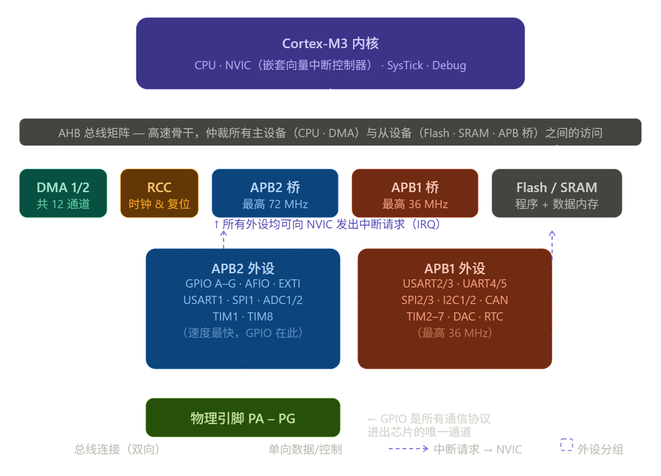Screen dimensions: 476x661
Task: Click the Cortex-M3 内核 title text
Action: coord(330,44)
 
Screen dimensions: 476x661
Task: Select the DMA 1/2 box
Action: coord(63,193)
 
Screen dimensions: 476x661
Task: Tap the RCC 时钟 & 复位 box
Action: coord(159,193)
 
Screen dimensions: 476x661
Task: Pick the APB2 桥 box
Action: coord(275,193)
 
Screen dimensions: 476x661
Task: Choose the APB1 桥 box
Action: coord(415,193)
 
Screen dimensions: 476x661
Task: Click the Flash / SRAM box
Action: coord(556,193)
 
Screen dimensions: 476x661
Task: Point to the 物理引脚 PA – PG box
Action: coord(243,418)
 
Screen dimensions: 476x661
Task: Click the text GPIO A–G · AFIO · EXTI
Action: coord(243,284)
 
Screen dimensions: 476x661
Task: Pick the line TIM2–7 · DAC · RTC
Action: coord(454,317)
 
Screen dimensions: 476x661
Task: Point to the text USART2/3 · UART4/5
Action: coord(454,284)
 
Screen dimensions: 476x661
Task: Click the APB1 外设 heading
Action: coord(454,268)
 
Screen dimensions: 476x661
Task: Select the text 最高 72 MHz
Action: coord(275,205)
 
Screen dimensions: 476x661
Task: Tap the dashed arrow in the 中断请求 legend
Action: coord(408,448)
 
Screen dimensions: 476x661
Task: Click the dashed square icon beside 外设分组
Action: coord(566,445)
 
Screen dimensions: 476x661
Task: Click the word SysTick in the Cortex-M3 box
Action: coord(405,66)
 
